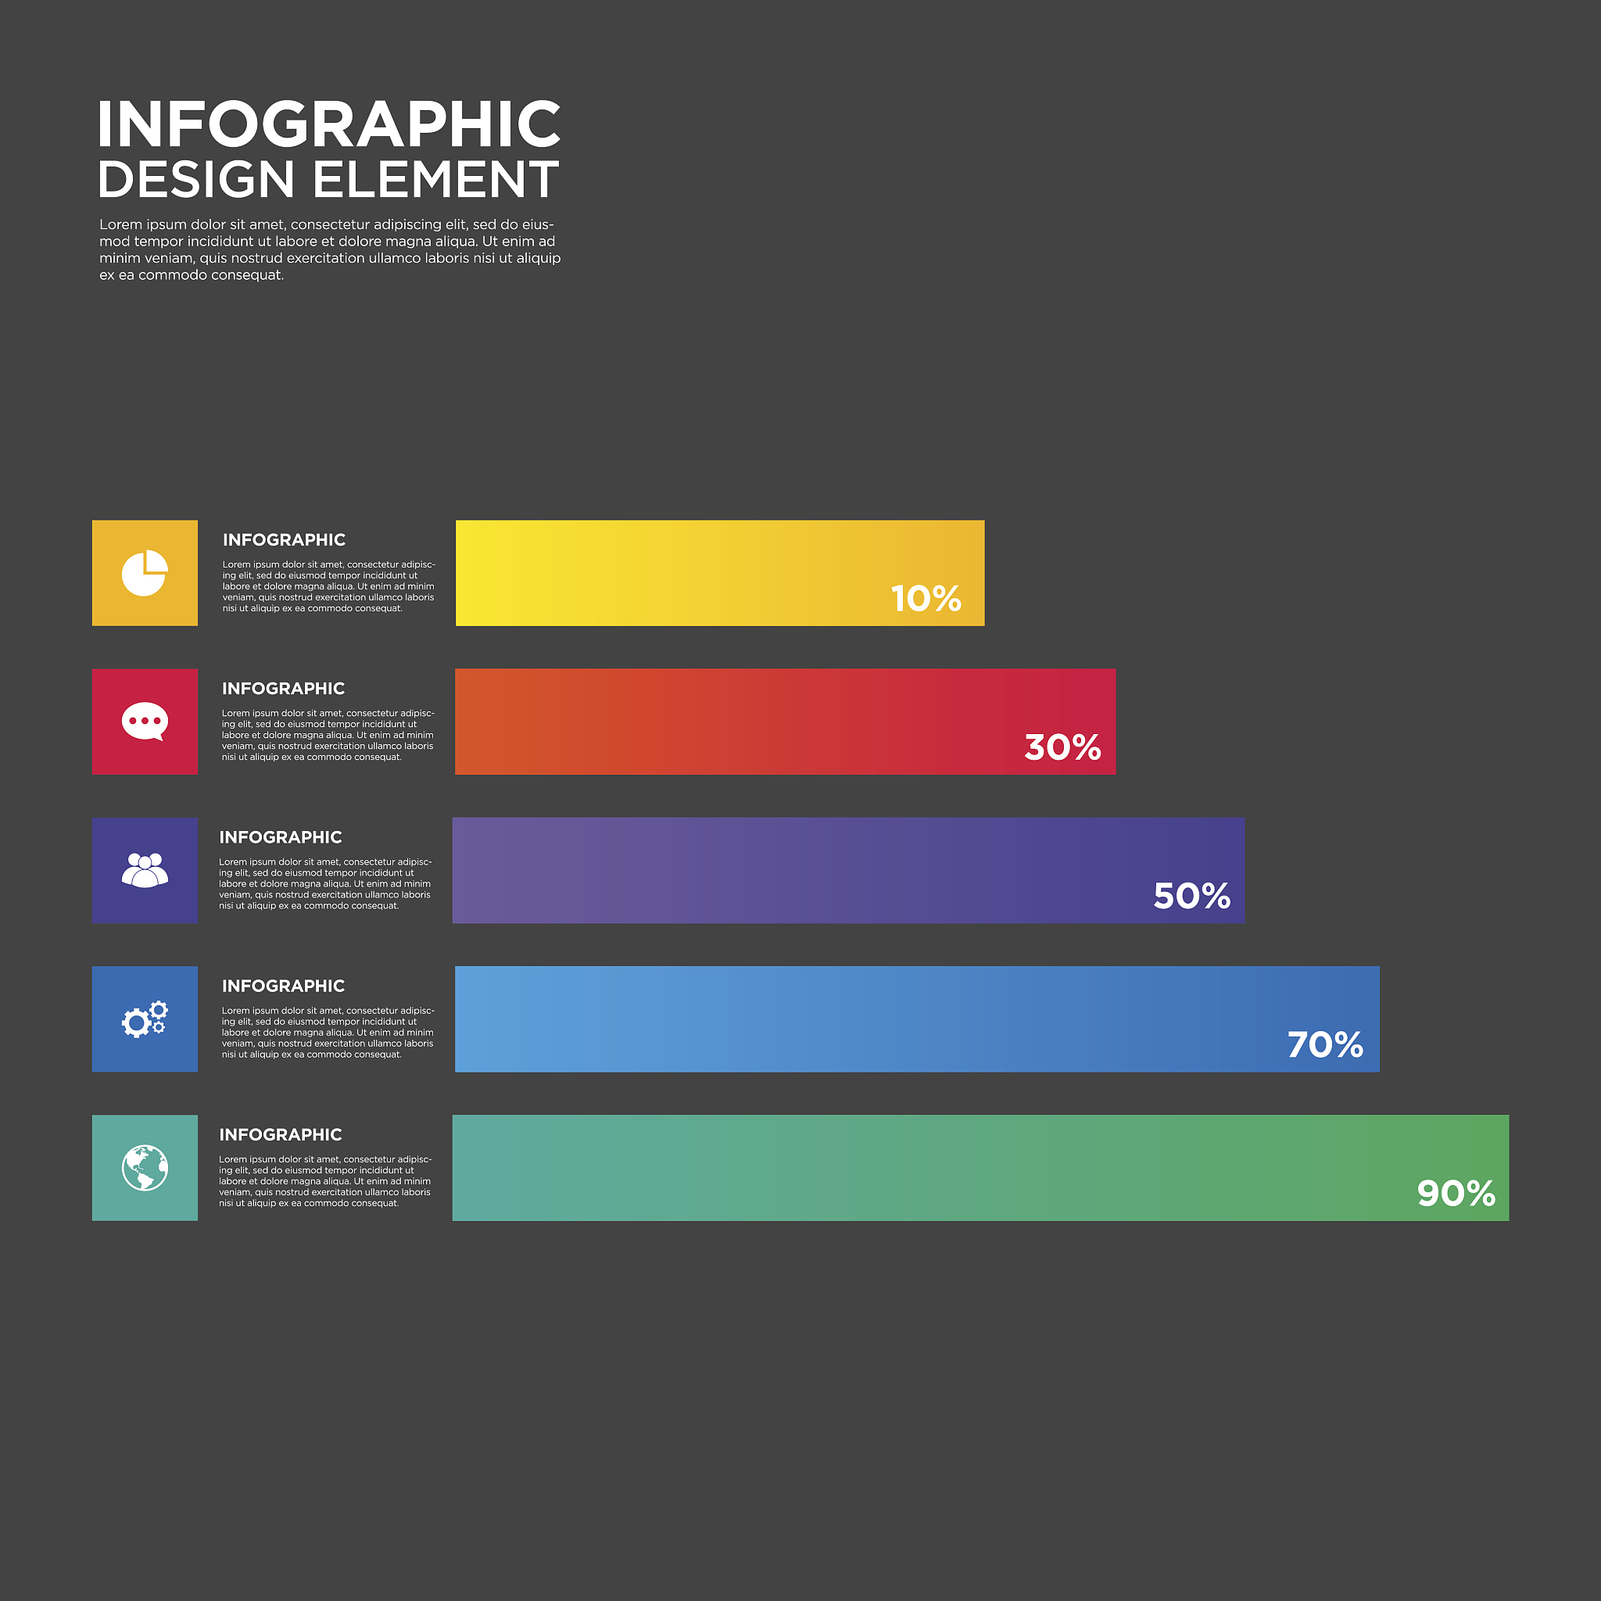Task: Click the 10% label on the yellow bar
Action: coord(926,598)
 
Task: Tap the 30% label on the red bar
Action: coord(1062,747)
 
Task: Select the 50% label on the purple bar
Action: coord(1191,896)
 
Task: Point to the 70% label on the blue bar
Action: coord(1325,1044)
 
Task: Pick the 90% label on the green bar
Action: coord(1456,1193)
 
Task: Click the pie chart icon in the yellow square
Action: coord(145,572)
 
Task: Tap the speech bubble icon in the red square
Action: coord(145,722)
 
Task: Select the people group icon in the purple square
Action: coord(145,870)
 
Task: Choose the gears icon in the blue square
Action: coord(145,1019)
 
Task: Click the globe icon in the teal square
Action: coord(145,1168)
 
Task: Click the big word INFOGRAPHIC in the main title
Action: coord(329,124)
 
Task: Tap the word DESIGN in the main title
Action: coord(196,180)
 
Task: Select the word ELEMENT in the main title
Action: coord(436,180)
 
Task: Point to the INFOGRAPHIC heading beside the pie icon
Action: coord(285,540)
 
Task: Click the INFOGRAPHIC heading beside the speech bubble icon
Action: coord(284,689)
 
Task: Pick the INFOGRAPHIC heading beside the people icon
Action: coord(280,838)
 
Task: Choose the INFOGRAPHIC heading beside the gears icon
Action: coord(284,986)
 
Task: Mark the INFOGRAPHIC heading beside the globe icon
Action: coord(280,1135)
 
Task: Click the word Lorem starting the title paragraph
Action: coord(120,224)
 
